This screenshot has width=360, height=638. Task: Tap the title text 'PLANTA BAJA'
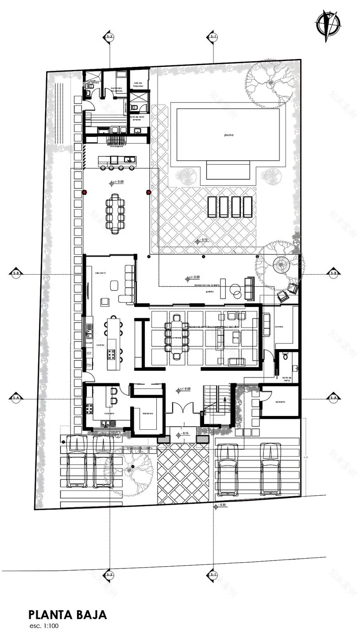point(67,615)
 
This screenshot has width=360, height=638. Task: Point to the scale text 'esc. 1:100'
point(43,626)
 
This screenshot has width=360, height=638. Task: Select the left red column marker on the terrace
point(84,192)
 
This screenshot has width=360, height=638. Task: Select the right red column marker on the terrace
point(149,192)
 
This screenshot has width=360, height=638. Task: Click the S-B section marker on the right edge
point(334,273)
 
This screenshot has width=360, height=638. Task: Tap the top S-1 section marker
point(213,36)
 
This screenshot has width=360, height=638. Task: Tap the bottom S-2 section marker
point(109,574)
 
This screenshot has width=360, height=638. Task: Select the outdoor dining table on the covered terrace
point(116,214)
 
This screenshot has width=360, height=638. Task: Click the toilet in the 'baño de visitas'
point(286,356)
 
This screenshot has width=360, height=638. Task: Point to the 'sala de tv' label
point(102,273)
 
